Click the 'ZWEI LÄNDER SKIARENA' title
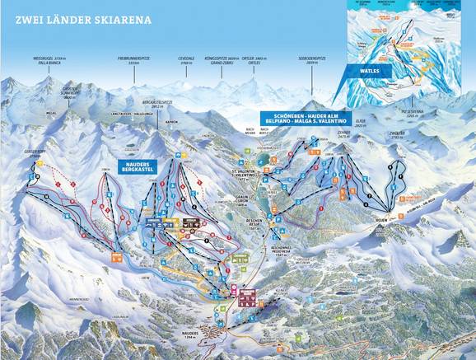pyautogui.click(x=69, y=14)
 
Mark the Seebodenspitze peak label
pyautogui.click(x=315, y=58)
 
